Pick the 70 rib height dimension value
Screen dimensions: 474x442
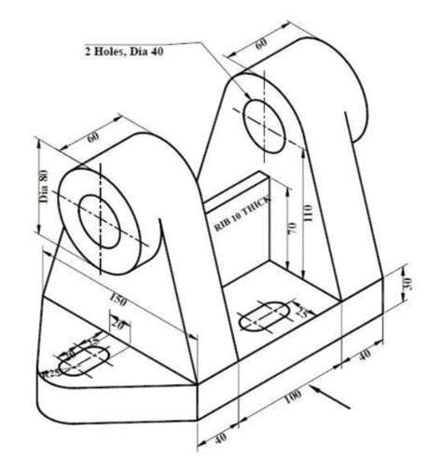coord(291,229)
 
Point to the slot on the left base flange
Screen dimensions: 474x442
coord(83,359)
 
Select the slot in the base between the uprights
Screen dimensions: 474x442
coord(266,318)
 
